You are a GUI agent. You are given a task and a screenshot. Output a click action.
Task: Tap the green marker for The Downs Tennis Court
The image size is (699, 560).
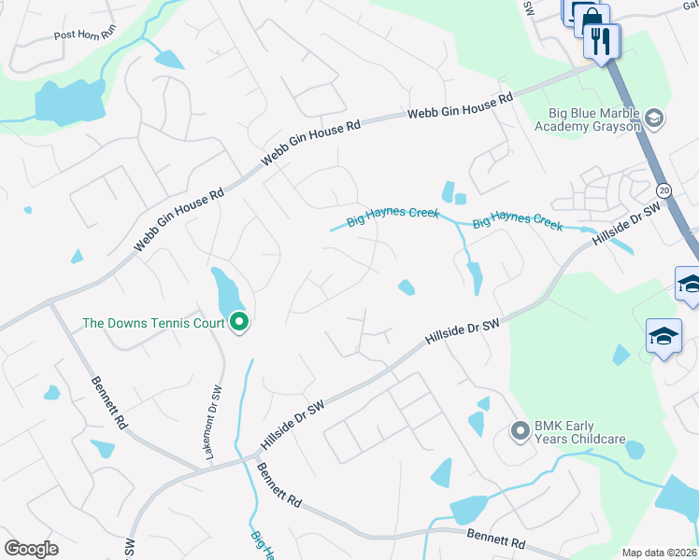coord(239,323)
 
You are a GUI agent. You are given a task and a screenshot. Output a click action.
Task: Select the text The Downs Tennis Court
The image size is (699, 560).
coord(153,324)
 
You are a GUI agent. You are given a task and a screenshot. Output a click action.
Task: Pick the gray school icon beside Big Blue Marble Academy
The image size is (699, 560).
coord(654,118)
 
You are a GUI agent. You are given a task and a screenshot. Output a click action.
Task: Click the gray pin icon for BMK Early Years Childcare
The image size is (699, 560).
coord(520,431)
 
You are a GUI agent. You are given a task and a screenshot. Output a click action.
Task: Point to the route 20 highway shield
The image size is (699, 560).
coord(662,189)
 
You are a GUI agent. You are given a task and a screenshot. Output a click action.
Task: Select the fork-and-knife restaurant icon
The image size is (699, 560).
coord(601,39)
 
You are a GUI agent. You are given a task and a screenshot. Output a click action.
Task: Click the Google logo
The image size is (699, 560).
coord(31,549)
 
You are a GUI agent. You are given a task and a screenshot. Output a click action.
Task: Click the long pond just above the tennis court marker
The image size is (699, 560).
coord(225,291)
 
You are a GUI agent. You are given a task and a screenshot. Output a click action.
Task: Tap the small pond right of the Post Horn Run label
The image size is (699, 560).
coord(169,59)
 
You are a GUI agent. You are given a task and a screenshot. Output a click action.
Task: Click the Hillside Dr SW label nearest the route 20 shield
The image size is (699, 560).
coord(626,228)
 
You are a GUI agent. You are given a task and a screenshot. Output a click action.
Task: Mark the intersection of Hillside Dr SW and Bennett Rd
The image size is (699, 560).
coord(257,456)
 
